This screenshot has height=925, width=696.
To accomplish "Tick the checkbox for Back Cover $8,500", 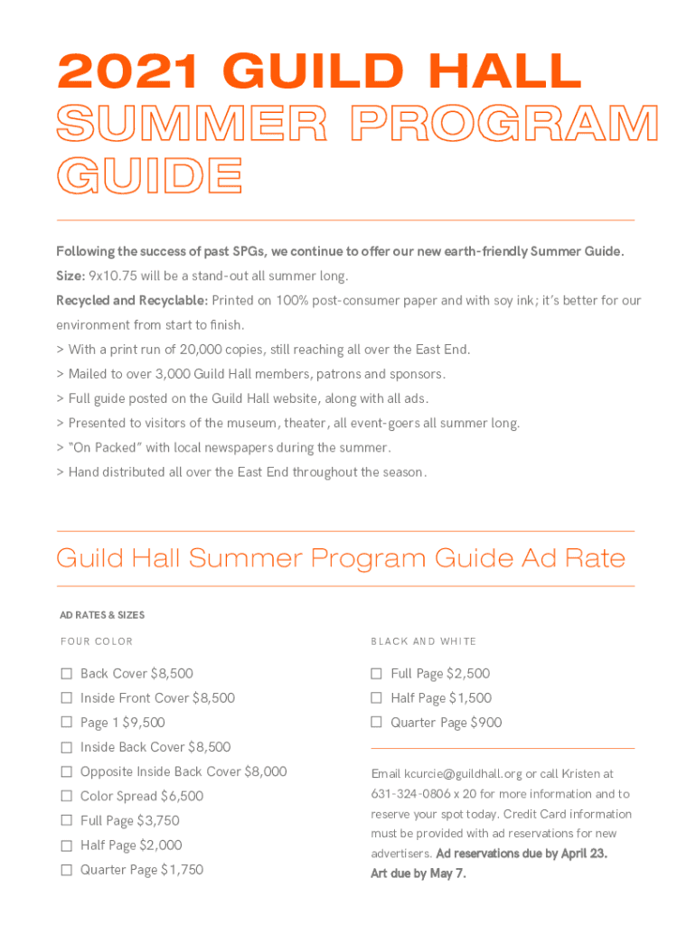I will [66, 673].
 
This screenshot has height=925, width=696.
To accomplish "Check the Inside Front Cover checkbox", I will [66, 697].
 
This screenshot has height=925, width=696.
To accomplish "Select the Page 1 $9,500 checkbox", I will [66, 722].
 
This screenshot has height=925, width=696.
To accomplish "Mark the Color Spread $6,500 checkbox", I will [66, 796].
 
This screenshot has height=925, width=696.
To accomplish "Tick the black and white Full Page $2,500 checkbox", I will [377, 673].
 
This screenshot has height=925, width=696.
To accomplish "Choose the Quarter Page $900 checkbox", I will [377, 722].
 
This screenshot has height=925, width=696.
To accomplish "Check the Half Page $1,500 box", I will [377, 697].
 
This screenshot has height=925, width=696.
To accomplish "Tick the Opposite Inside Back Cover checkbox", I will [66, 771].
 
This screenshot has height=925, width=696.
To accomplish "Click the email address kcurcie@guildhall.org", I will [463, 774].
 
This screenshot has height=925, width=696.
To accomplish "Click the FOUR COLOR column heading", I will [96, 641].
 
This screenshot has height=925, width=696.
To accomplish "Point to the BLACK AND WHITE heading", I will [423, 641].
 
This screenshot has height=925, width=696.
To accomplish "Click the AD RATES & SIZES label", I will [102, 615].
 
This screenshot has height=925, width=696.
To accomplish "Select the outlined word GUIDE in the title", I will [149, 175].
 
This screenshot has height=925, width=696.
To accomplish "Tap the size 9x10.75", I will [117, 276].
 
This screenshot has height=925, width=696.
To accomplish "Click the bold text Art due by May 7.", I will [419, 874].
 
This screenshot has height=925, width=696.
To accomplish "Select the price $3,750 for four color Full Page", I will [157, 820].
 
